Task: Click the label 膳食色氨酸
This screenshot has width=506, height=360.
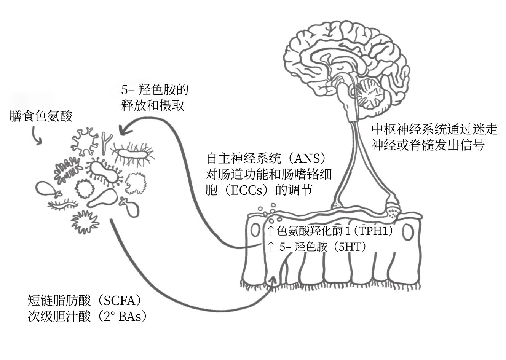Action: point(41,116)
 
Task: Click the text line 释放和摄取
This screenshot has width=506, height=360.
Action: point(153,105)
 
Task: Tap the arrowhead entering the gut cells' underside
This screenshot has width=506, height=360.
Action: point(272,280)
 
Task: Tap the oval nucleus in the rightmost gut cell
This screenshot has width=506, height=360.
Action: point(409,232)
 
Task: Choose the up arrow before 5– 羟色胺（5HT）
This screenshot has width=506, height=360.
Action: point(270,247)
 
